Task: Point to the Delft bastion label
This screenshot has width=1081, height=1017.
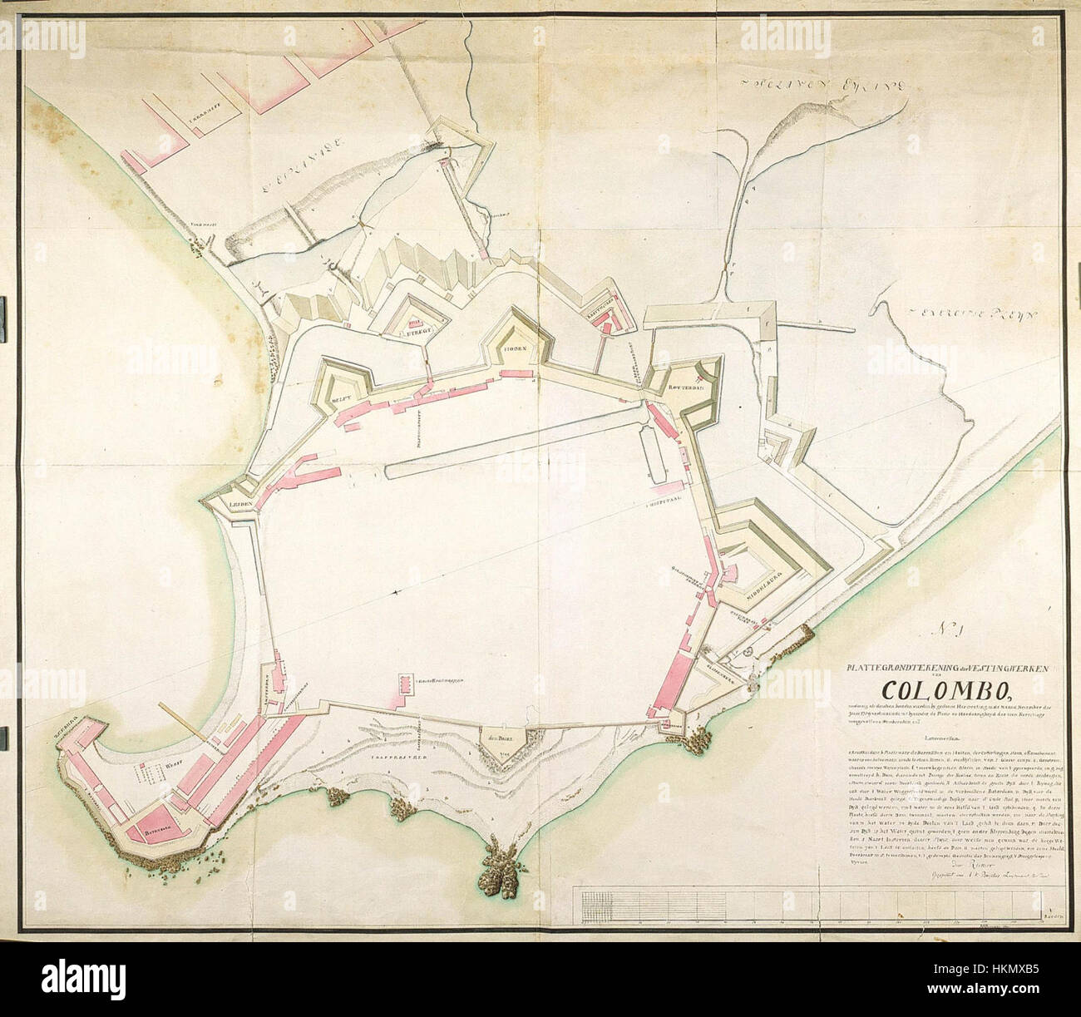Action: tap(342, 400)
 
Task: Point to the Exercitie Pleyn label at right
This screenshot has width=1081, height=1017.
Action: tap(956, 314)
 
